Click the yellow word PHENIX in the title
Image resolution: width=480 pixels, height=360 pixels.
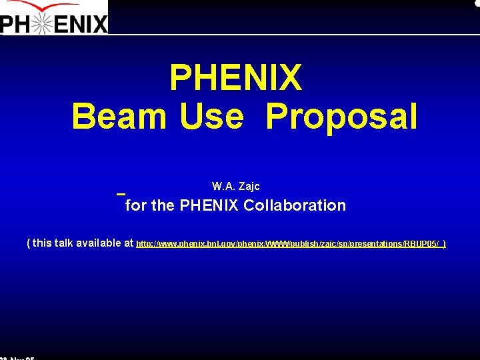pos(236,78)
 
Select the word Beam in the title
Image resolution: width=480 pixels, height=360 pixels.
pos(119,117)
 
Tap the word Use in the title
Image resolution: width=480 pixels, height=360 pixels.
pos(211,117)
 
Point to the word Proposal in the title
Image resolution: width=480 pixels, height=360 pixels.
pos(341,117)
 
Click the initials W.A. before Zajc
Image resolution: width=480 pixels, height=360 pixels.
pos(222,186)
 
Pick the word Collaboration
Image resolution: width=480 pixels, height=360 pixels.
pos(295,205)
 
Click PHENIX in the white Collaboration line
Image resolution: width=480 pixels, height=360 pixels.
pos(208,205)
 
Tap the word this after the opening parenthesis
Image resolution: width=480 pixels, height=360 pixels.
pos(42,243)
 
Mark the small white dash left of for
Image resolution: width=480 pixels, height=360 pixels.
pos(121,194)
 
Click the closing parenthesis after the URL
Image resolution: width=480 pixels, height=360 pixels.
pos(444,244)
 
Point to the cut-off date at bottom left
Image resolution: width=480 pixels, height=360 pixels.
pos(17,358)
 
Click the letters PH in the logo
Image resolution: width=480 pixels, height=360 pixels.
pos(15,25)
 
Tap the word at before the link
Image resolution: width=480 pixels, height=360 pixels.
pos(129,243)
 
